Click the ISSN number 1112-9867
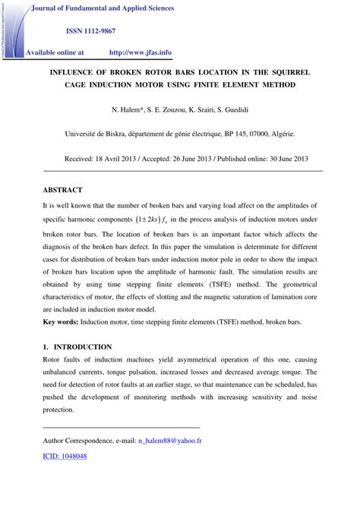(x=104, y=30)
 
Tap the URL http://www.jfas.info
(x=141, y=53)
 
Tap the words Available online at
(x=55, y=53)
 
